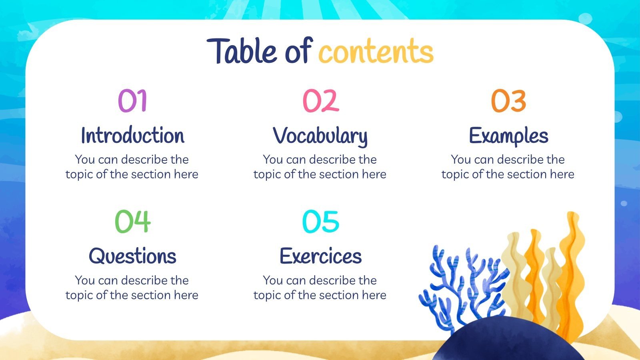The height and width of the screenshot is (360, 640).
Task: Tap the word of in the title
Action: click(298, 51)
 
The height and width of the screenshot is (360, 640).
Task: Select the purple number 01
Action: click(132, 100)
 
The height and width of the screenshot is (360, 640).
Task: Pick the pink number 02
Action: click(320, 100)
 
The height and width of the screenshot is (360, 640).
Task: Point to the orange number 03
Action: click(508, 100)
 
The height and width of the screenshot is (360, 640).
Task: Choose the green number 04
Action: click(132, 221)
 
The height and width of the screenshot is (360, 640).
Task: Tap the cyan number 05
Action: click(320, 221)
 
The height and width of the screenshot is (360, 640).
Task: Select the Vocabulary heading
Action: click(320, 136)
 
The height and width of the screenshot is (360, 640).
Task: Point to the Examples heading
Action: click(508, 136)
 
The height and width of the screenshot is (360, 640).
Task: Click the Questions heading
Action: click(132, 256)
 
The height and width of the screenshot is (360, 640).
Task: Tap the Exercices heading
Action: click(320, 256)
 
